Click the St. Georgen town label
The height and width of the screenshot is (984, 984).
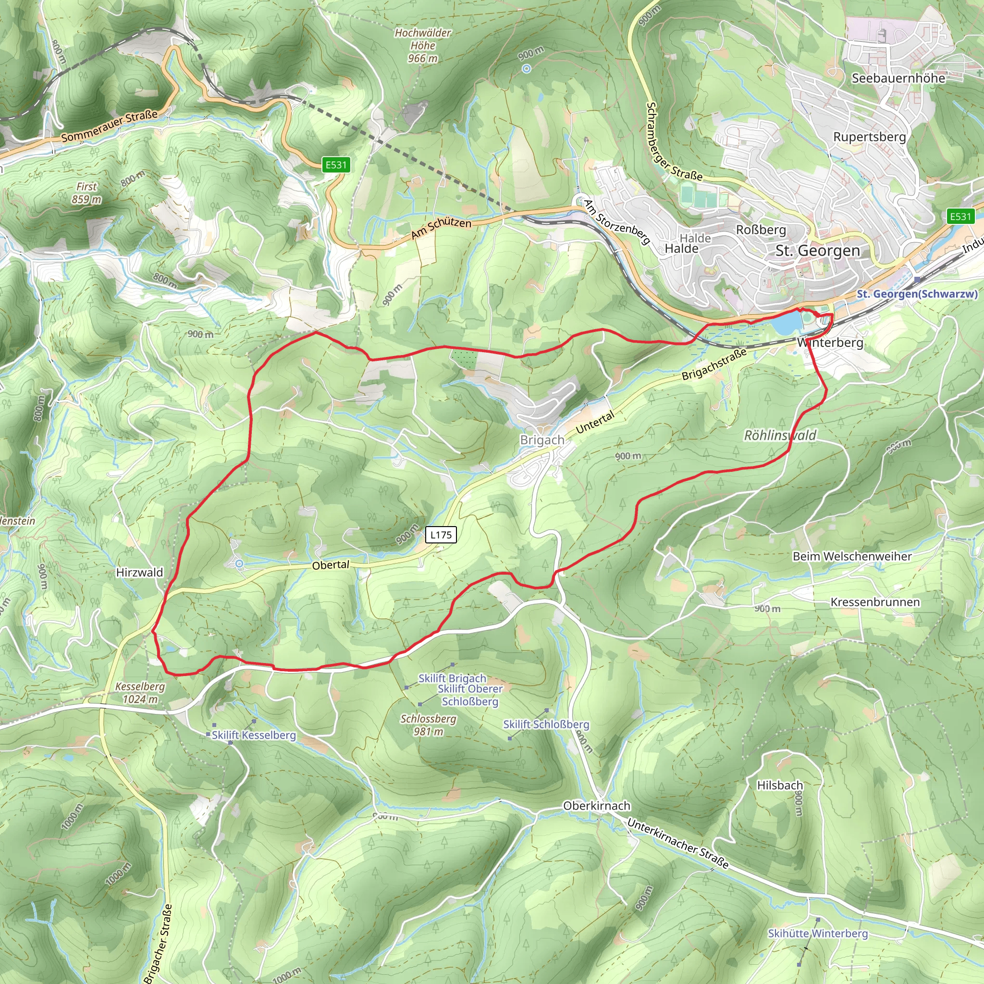pyautogui.click(x=817, y=251)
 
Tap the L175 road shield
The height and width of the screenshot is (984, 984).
pyautogui.click(x=441, y=534)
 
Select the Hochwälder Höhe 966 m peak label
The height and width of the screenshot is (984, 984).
pyautogui.click(x=423, y=45)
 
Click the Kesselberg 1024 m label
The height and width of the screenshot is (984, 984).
pyautogui.click(x=140, y=693)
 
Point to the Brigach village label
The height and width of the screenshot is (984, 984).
pyautogui.click(x=542, y=440)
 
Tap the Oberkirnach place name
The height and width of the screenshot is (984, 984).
pyautogui.click(x=596, y=806)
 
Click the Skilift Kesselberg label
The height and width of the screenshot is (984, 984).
pyautogui.click(x=254, y=735)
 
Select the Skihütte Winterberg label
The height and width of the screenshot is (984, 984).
pyautogui.click(x=817, y=934)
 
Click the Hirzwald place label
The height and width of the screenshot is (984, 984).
pyautogui.click(x=139, y=572)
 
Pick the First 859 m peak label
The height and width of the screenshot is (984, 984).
pyautogui.click(x=86, y=193)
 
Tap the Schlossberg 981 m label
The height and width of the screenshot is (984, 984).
pyautogui.click(x=428, y=725)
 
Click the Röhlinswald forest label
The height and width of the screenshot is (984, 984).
pyautogui.click(x=780, y=435)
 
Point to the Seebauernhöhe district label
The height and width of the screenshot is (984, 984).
pyautogui.click(x=898, y=78)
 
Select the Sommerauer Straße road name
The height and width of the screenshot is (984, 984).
pyautogui.click(x=110, y=126)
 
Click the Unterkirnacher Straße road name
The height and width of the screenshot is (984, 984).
pyautogui.click(x=678, y=843)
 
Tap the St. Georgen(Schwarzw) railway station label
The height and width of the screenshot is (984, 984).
pyautogui.click(x=917, y=294)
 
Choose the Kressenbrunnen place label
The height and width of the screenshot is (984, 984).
pyautogui.click(x=875, y=602)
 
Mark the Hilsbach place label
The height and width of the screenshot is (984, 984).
pyautogui.click(x=780, y=786)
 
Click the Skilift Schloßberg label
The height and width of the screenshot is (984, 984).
pyautogui.click(x=546, y=724)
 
